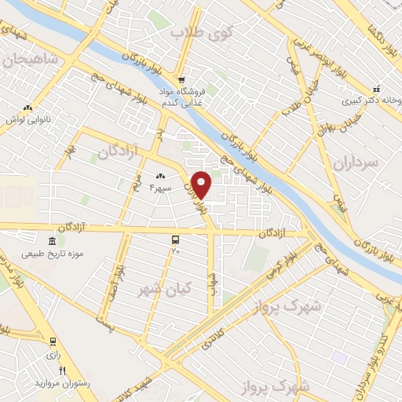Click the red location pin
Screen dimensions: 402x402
203,185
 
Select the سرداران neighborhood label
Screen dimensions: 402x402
355,163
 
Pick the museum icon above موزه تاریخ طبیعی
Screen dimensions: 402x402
52,241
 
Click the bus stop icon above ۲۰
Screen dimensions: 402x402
176,239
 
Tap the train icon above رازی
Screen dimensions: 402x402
53,342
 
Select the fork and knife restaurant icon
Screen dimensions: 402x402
63,371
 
